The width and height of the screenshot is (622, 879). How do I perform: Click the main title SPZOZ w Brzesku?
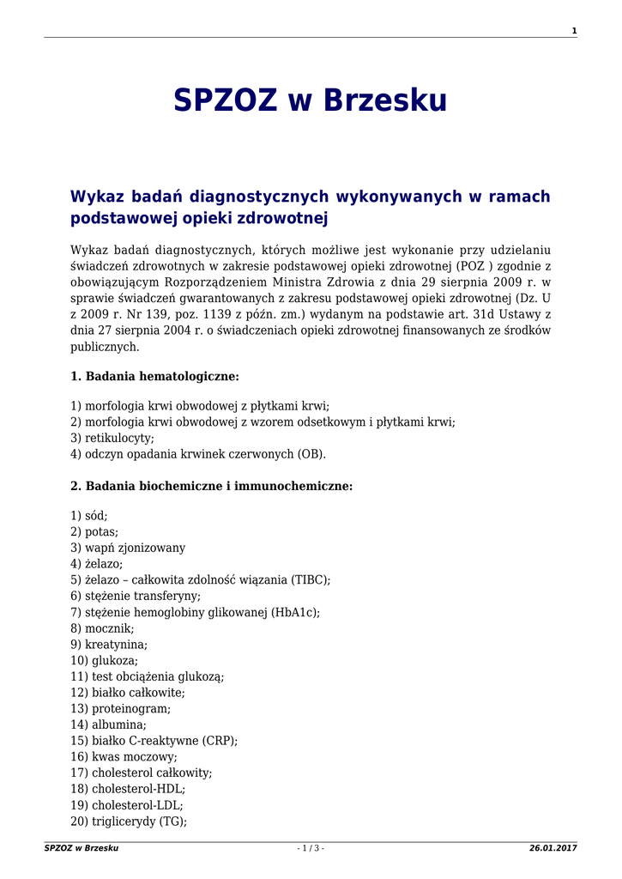(x=311, y=101)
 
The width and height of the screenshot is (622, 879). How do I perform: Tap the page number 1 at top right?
(x=574, y=31)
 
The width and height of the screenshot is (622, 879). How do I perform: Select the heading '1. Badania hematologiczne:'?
(x=154, y=376)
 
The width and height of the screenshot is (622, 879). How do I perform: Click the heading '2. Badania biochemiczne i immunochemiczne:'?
(x=211, y=486)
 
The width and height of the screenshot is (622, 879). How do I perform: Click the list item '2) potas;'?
(x=94, y=532)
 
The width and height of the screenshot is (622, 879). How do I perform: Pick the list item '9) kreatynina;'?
(x=109, y=645)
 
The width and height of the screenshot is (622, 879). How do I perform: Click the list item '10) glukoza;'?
(x=104, y=661)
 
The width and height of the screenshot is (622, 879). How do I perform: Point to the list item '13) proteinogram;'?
(x=120, y=709)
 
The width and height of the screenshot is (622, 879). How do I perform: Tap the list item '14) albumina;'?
(x=108, y=725)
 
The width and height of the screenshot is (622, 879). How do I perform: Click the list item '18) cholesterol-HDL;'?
(x=128, y=789)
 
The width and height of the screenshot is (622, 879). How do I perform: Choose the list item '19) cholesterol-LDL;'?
(x=127, y=805)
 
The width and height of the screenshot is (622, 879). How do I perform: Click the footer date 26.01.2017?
(x=553, y=848)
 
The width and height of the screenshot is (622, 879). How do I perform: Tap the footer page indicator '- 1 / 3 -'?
(x=311, y=848)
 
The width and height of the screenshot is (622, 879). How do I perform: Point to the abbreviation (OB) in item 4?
(x=310, y=454)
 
